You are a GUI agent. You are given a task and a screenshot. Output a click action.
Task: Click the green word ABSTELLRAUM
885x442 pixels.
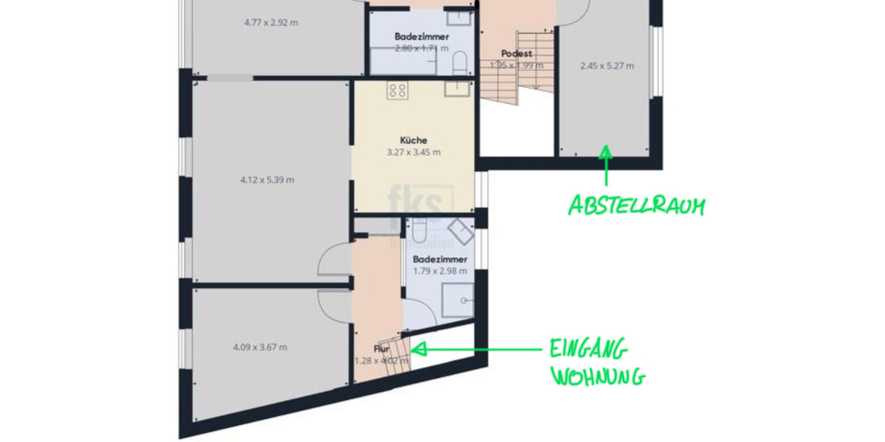(x=635, y=206)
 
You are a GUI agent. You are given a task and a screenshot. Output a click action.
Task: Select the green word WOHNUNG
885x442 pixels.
(x=598, y=376)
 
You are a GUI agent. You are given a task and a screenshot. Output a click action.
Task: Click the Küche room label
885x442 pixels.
(x=414, y=140)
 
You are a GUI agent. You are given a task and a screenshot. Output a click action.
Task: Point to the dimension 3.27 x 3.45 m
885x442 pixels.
(x=414, y=152)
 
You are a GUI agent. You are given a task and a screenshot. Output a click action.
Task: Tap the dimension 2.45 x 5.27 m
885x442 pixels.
(x=606, y=66)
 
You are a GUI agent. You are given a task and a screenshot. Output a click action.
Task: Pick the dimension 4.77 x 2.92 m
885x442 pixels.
(x=271, y=22)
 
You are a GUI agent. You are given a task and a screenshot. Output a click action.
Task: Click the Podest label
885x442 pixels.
(x=516, y=54)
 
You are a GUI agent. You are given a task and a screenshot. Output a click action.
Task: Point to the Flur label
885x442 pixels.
(x=381, y=348)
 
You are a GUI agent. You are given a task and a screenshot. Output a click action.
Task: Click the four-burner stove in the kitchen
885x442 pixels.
(x=398, y=91)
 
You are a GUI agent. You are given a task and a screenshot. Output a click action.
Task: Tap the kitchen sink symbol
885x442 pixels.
(x=457, y=89)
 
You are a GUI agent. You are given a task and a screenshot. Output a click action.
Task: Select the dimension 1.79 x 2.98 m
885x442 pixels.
(x=440, y=270)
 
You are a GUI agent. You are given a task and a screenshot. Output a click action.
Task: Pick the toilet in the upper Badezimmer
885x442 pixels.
(x=458, y=62)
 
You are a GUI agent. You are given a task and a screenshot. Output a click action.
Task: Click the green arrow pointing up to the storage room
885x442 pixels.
(x=605, y=164)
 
